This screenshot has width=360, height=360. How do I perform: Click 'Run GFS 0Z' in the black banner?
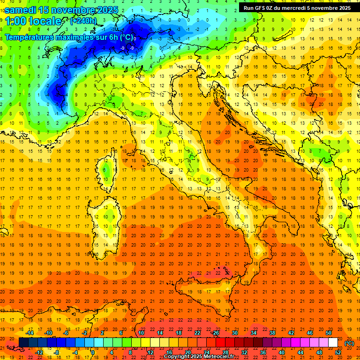(261, 8)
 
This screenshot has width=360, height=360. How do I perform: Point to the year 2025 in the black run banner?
(342, 8)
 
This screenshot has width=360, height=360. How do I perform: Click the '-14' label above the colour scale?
(30, 333)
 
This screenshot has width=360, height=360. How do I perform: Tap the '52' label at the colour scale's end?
(338, 352)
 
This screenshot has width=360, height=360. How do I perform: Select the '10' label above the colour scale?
(141, 333)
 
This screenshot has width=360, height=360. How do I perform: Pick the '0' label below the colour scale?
(92, 352)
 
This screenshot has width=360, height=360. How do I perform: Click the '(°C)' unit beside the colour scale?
(349, 343)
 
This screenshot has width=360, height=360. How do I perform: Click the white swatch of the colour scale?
(333, 343)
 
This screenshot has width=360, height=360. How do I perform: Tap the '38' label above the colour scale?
(272, 333)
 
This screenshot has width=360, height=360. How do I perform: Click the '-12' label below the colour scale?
(39, 352)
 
